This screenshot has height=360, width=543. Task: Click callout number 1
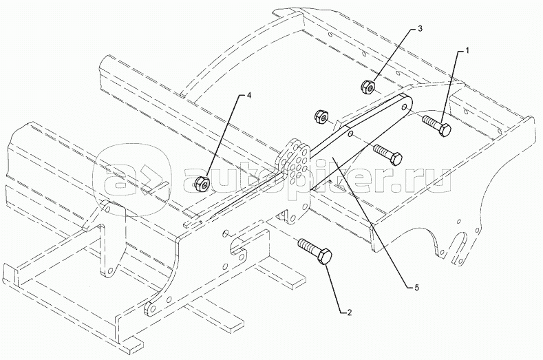tap(467, 51)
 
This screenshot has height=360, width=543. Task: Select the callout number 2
tap(350, 313)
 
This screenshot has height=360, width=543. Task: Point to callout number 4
tap(239, 97)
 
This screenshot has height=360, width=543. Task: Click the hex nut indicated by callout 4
tap(202, 182)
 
